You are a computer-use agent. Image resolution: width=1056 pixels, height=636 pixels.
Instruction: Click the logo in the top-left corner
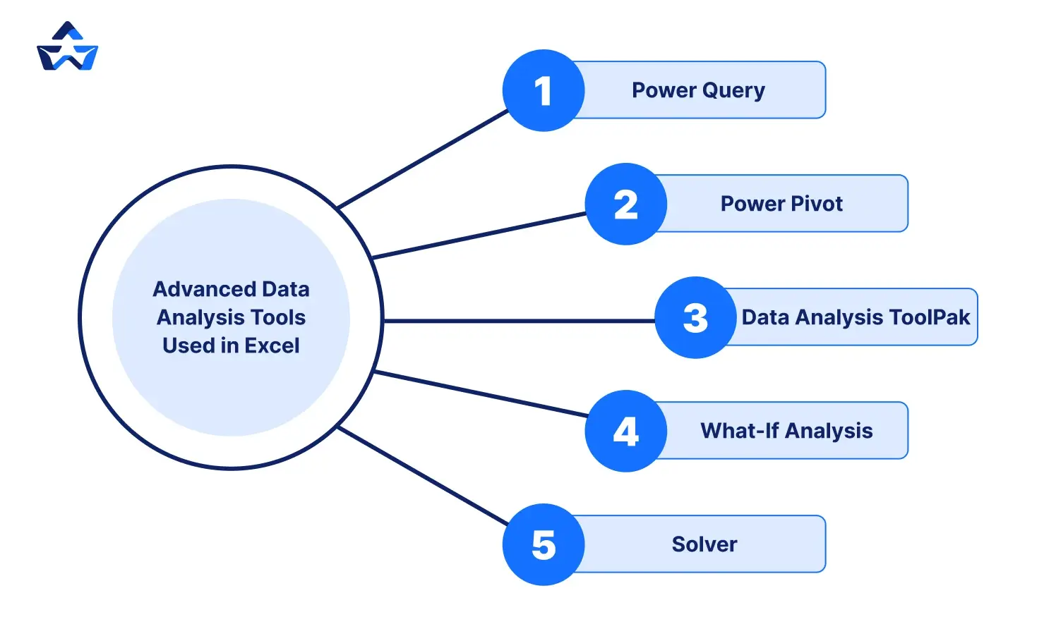[x=67, y=47]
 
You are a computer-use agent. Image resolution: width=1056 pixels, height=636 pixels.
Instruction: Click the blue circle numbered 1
[x=544, y=90]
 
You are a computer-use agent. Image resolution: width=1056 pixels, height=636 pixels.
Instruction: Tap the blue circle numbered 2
[x=626, y=204]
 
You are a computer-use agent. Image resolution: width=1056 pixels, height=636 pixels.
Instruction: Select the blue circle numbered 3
[x=695, y=317]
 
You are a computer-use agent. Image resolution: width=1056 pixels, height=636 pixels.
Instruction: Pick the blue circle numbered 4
[x=626, y=431]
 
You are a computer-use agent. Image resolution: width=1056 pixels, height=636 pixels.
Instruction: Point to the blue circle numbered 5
[x=544, y=544]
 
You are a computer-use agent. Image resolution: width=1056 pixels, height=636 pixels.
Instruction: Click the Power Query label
[x=698, y=90]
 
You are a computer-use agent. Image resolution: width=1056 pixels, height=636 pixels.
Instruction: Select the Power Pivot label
[x=781, y=204]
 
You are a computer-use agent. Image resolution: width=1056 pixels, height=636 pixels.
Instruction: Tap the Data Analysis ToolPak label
[x=856, y=317]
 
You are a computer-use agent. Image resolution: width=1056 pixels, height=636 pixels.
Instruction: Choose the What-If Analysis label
[x=786, y=431]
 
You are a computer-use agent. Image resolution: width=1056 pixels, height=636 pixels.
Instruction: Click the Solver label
[x=704, y=544]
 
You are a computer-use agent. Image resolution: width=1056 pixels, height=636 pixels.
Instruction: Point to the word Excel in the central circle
[x=272, y=345]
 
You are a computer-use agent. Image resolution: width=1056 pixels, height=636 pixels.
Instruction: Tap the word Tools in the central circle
[x=278, y=317]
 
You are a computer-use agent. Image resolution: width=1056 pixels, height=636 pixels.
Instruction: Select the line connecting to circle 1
[x=424, y=159]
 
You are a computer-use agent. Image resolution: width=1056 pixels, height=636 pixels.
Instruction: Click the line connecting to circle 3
[x=519, y=321]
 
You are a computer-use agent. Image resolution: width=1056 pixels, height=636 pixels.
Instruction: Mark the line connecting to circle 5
[x=424, y=476]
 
